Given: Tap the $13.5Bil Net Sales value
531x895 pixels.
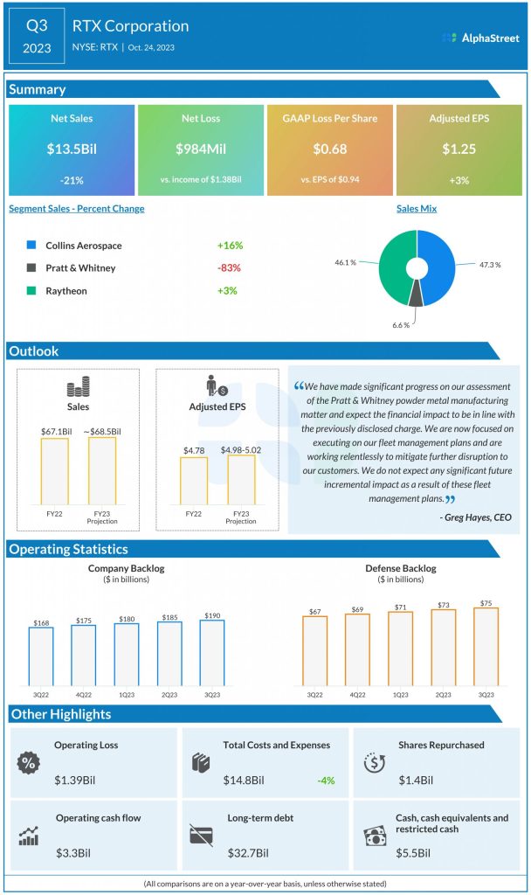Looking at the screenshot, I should point(72,149).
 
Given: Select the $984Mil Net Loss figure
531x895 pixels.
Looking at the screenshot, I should point(200,149).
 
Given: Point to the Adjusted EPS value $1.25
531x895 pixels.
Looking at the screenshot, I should point(459,149).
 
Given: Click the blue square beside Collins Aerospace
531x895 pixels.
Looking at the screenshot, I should point(32,246).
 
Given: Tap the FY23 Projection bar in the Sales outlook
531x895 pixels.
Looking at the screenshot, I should point(101,470).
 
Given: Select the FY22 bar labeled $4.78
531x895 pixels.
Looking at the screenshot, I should point(193,480).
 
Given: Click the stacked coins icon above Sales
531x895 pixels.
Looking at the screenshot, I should point(79,388).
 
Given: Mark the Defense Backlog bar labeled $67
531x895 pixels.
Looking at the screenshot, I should point(314,650).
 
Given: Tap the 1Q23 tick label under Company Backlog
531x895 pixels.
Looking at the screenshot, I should point(127,694).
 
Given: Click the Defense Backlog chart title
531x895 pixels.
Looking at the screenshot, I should point(400,569).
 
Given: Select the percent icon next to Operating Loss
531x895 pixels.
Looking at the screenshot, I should point(28,762).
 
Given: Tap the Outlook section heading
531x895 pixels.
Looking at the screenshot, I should point(35,351).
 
